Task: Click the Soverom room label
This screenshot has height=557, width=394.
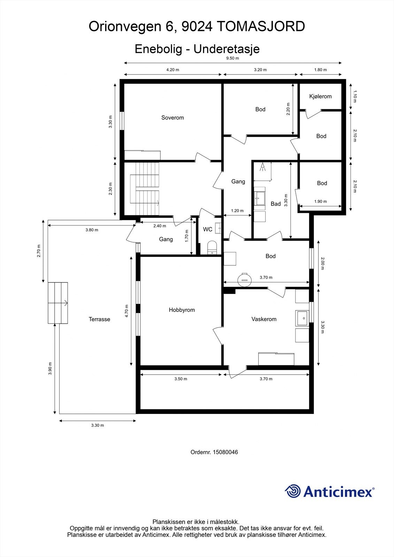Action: (172, 118)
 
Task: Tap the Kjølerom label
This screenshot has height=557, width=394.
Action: (320, 96)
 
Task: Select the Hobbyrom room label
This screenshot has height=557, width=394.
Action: (181, 310)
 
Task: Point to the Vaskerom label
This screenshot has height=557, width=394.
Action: (264, 319)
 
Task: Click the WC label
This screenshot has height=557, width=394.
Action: (208, 229)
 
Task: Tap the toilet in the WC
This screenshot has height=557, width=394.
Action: (212, 248)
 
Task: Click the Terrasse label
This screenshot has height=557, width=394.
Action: (99, 319)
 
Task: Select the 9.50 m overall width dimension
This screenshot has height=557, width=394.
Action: (232, 58)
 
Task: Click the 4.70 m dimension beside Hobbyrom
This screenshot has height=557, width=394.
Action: (127, 311)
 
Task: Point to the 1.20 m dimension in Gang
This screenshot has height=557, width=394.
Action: (237, 211)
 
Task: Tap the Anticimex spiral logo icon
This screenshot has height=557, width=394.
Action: (293, 491)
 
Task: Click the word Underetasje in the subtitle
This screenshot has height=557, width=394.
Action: (226, 49)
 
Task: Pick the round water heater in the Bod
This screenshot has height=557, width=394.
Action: (244, 279)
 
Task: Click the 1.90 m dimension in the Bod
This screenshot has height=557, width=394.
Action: (320, 202)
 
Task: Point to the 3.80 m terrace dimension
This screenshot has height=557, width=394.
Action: (92, 230)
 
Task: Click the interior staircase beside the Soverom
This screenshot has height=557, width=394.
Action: (145, 188)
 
